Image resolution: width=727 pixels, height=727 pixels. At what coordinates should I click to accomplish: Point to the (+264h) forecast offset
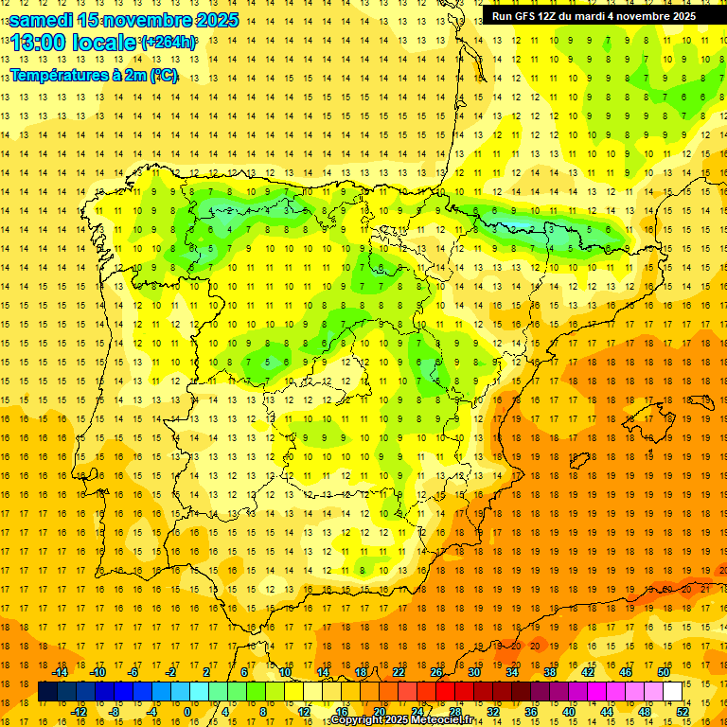click(x=168, y=43)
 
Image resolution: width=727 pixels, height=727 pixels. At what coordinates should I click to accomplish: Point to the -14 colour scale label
click(x=60, y=671)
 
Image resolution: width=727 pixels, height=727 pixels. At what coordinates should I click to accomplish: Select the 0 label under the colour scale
click(x=186, y=711)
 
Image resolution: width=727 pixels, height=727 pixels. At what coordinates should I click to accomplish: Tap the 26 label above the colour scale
click(x=436, y=671)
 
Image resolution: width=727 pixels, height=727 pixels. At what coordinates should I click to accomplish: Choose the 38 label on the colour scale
click(x=549, y=671)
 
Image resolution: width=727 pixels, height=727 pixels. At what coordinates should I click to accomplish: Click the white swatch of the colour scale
click(x=672, y=691)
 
